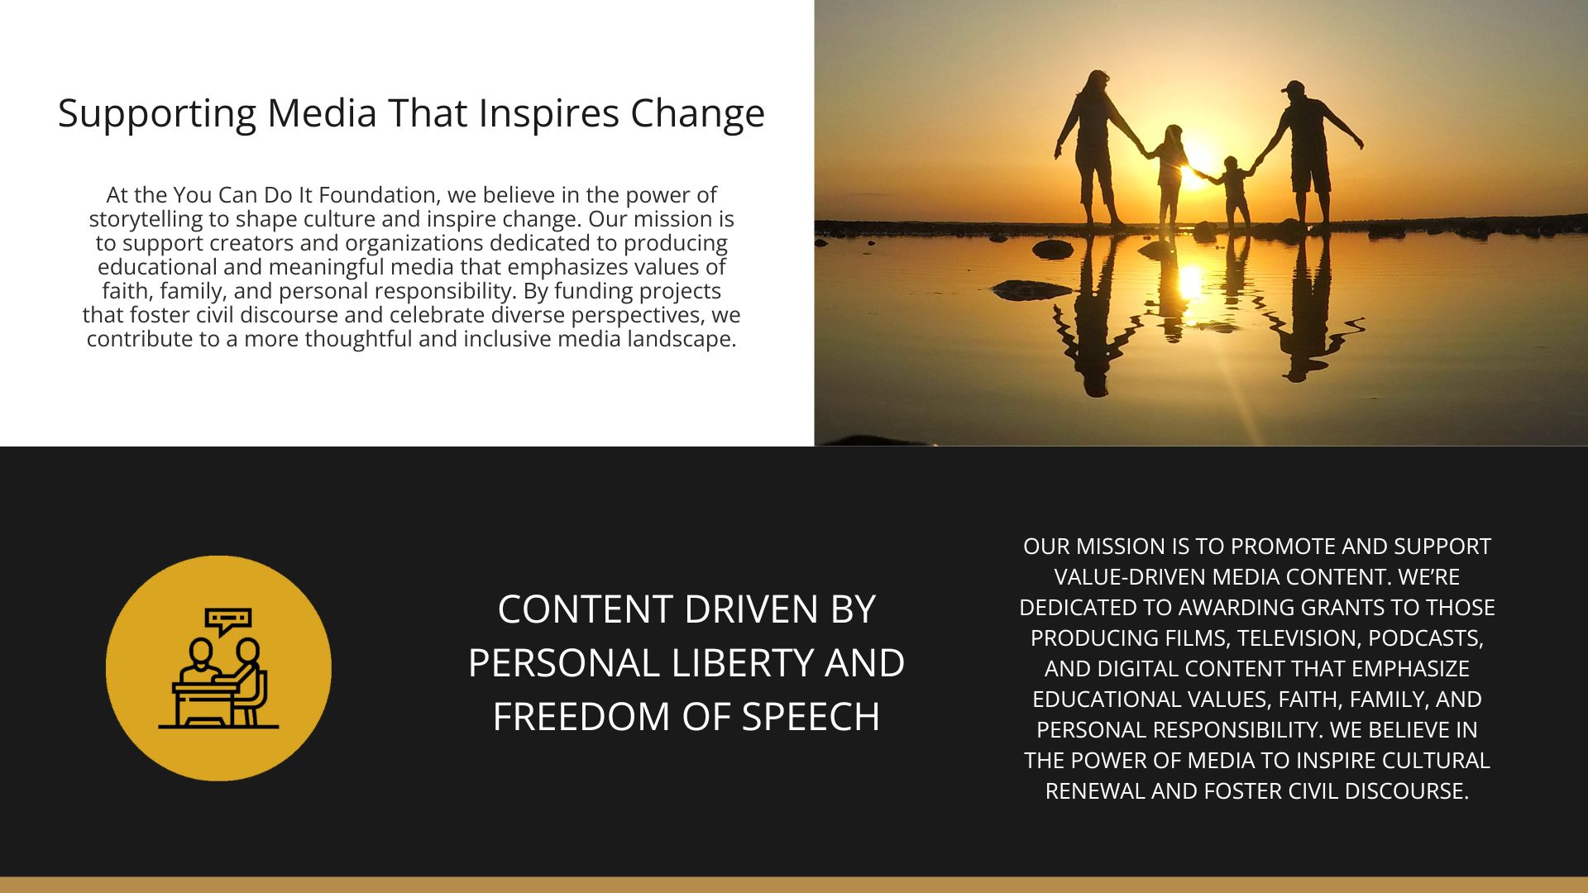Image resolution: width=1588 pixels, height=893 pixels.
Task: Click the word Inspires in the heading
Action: [x=548, y=114]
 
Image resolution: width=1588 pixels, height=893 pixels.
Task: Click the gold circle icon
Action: [x=218, y=668]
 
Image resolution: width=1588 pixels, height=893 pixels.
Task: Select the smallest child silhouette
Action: [x=1233, y=193]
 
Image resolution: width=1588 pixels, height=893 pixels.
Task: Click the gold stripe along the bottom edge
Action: [x=794, y=885]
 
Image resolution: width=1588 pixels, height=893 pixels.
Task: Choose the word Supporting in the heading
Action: [x=157, y=114]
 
